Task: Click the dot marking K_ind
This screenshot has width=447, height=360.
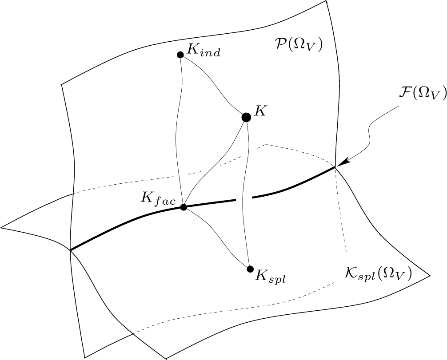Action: pos(180,55)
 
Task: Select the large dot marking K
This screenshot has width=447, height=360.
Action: pos(246,117)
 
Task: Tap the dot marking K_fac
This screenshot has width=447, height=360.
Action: pos(183,207)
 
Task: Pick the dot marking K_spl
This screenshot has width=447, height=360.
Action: pos(250,269)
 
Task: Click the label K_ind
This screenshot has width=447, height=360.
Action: pos(204,50)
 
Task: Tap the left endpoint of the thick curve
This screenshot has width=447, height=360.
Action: pos(71,250)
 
